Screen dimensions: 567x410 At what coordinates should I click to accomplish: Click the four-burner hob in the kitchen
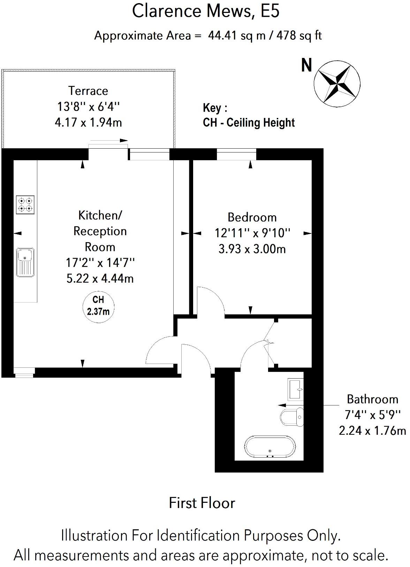(x=25, y=205)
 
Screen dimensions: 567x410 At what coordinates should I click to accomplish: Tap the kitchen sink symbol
(x=25, y=262)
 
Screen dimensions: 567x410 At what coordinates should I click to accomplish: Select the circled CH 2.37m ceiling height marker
(x=98, y=305)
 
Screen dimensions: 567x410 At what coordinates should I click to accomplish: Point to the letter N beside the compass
(x=306, y=66)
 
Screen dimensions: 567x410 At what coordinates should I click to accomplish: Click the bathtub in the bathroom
(x=270, y=447)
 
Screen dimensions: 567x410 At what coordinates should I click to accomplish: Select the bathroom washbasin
(x=296, y=389)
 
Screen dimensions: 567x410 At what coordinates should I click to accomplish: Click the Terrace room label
(x=88, y=91)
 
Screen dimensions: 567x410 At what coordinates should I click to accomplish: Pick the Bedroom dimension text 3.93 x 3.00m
(x=252, y=249)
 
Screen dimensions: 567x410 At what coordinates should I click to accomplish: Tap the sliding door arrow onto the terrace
(x=109, y=141)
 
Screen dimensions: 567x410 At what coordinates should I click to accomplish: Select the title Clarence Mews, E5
(x=205, y=11)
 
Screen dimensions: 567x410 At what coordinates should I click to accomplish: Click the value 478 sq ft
(x=299, y=36)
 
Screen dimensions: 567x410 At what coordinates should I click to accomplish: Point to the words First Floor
(x=202, y=503)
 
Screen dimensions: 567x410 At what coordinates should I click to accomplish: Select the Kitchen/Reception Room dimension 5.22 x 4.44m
(x=100, y=278)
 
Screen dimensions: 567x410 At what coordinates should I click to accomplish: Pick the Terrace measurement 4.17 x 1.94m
(x=88, y=122)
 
